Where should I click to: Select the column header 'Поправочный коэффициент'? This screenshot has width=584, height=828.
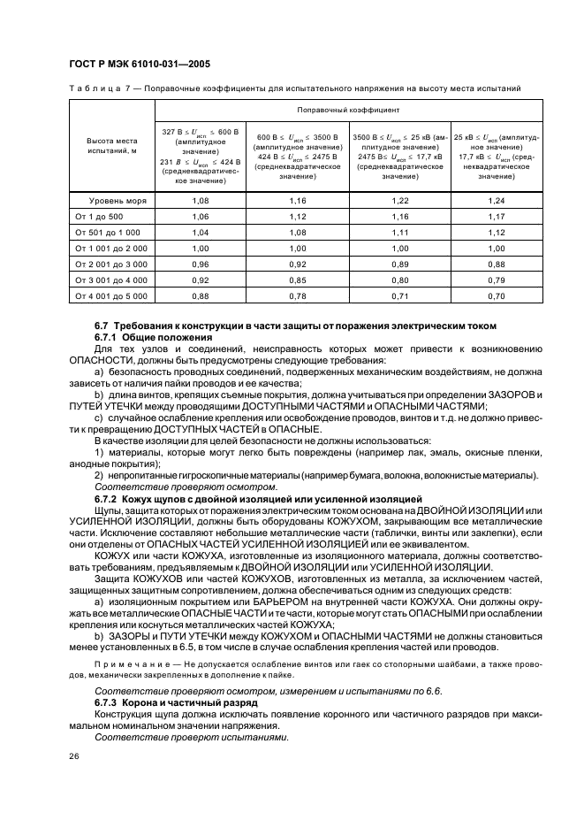pos(349,111)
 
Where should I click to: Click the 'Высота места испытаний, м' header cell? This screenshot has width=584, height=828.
pos(111,146)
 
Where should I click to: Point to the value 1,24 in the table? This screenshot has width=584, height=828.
pos(496,202)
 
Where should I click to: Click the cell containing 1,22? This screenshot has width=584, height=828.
pos(400,202)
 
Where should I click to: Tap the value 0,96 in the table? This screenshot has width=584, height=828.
pos(200,264)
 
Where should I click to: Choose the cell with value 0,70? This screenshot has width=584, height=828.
pos(496,295)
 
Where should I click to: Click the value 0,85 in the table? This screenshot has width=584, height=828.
pos(297,280)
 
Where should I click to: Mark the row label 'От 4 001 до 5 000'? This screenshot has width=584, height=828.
pos(111,295)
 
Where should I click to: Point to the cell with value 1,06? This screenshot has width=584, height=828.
pos(200,217)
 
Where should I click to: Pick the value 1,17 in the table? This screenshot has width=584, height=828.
pos(496,217)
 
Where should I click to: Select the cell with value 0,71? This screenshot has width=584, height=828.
pos(400,295)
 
